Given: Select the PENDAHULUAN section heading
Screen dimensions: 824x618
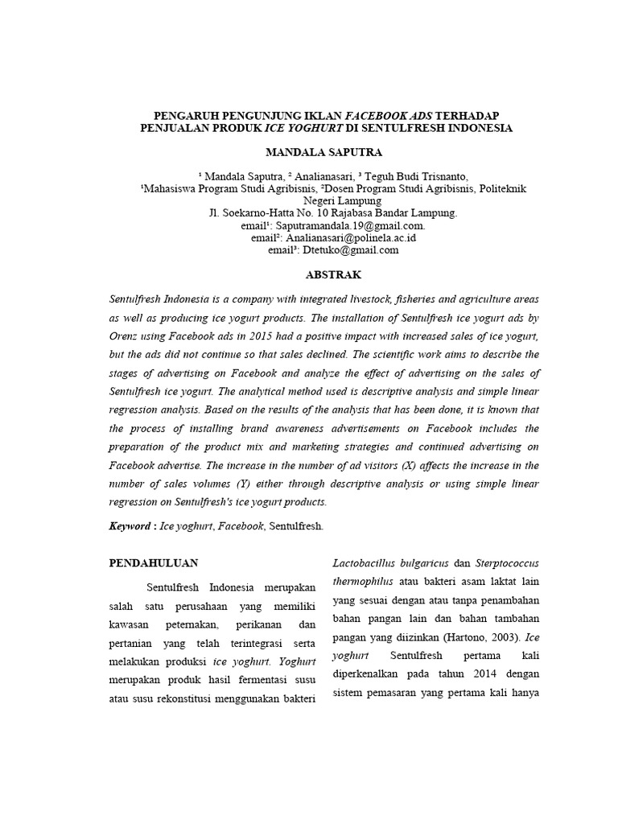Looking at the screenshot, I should tap(154, 562).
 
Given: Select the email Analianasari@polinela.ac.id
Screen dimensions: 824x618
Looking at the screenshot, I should tap(347, 238).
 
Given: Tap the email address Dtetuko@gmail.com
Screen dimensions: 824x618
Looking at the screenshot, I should tap(351, 250).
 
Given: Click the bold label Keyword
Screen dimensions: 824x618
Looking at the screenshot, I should tap(130, 525).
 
